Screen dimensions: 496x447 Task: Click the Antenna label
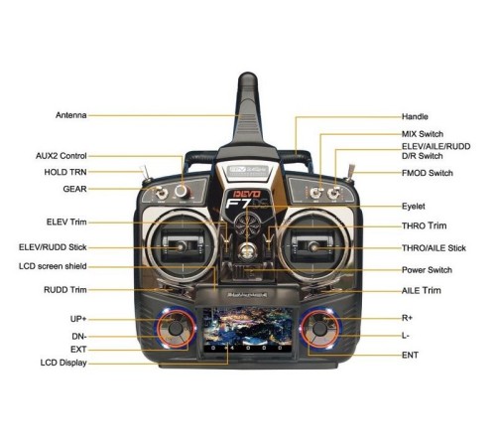[x=71, y=115]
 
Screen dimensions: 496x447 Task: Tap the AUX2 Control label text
[x=62, y=156]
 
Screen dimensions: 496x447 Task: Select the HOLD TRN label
[x=65, y=172]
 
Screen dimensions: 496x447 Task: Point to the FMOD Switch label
[x=428, y=173]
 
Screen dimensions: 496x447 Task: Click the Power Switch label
[x=427, y=270]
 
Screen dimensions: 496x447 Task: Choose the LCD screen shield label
[x=53, y=266]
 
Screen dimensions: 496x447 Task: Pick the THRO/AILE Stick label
[x=434, y=248]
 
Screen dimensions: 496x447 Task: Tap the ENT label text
[x=410, y=355]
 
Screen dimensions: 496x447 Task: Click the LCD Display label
[x=63, y=363]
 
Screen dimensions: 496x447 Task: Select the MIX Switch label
[x=423, y=134]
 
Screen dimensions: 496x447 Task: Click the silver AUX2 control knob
[x=182, y=191]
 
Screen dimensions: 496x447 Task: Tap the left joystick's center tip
[x=181, y=246]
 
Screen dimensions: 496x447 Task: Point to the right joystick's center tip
[x=313, y=246]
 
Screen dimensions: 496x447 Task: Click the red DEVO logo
[x=247, y=194]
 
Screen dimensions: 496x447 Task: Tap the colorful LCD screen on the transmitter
[x=247, y=330]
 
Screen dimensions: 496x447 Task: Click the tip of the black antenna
[x=248, y=74]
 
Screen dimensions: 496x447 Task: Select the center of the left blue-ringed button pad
[x=176, y=329]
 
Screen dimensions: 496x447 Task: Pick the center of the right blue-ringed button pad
[x=319, y=329]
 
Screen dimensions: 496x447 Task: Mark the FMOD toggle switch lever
[x=350, y=172]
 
